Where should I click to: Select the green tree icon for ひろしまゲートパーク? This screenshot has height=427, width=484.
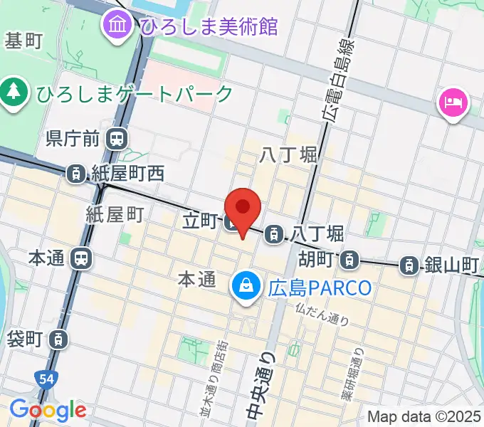tap(13, 93)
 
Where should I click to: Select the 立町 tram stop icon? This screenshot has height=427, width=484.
tap(232, 223)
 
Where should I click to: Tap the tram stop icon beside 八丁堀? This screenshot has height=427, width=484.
tap(273, 233)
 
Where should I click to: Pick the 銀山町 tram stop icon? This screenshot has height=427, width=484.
tap(409, 265)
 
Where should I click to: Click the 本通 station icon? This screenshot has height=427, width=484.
tap(81, 258)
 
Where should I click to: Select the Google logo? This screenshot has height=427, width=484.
tap(48, 409)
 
